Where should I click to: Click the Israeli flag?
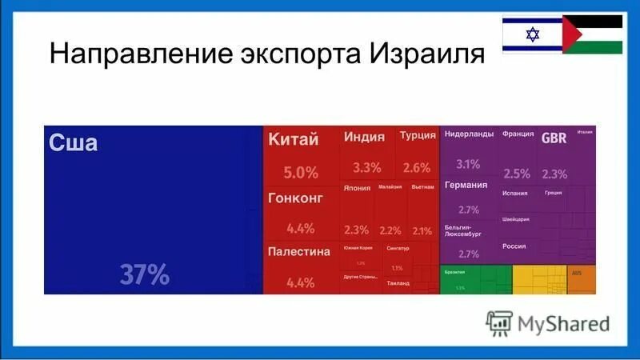(x=532, y=34)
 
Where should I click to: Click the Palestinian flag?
(x=593, y=34)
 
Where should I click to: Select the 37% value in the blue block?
(x=145, y=275)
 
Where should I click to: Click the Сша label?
(x=74, y=144)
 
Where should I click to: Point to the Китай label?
(x=293, y=139)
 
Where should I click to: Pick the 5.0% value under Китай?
(x=301, y=172)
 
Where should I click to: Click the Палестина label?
(x=298, y=252)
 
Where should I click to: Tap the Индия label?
(x=364, y=137)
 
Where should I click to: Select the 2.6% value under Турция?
(x=417, y=168)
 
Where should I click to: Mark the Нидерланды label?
(x=469, y=134)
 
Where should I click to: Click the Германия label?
(x=466, y=185)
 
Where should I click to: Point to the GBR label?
(x=554, y=138)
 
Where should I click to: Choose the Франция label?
(x=518, y=134)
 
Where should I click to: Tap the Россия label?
(x=514, y=246)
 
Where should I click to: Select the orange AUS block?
(x=582, y=280)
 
